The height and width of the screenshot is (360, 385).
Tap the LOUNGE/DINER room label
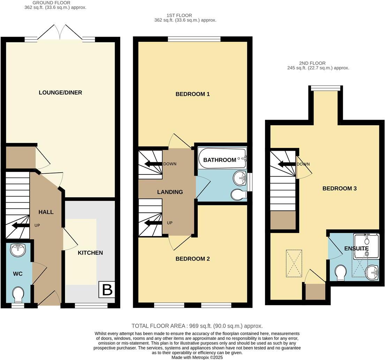click(61, 92)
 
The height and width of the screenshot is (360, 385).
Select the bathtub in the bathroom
click(222, 160)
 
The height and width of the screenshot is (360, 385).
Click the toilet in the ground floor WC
click(17, 295)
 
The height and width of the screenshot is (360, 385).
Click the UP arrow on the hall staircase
click(21, 226)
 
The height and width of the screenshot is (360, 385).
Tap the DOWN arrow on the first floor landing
click(154, 164)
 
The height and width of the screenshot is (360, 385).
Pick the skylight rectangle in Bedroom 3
click(294, 263)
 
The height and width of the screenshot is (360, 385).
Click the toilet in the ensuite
click(340, 273)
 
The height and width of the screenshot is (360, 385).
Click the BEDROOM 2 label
click(192, 259)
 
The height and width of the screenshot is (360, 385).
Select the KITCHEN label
click(90, 253)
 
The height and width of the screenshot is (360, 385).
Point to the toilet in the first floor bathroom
click(238, 195)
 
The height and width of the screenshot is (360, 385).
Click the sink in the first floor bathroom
click(240, 179)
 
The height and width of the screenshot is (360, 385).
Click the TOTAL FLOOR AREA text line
click(197, 326)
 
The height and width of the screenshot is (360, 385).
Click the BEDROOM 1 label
click(192, 94)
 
